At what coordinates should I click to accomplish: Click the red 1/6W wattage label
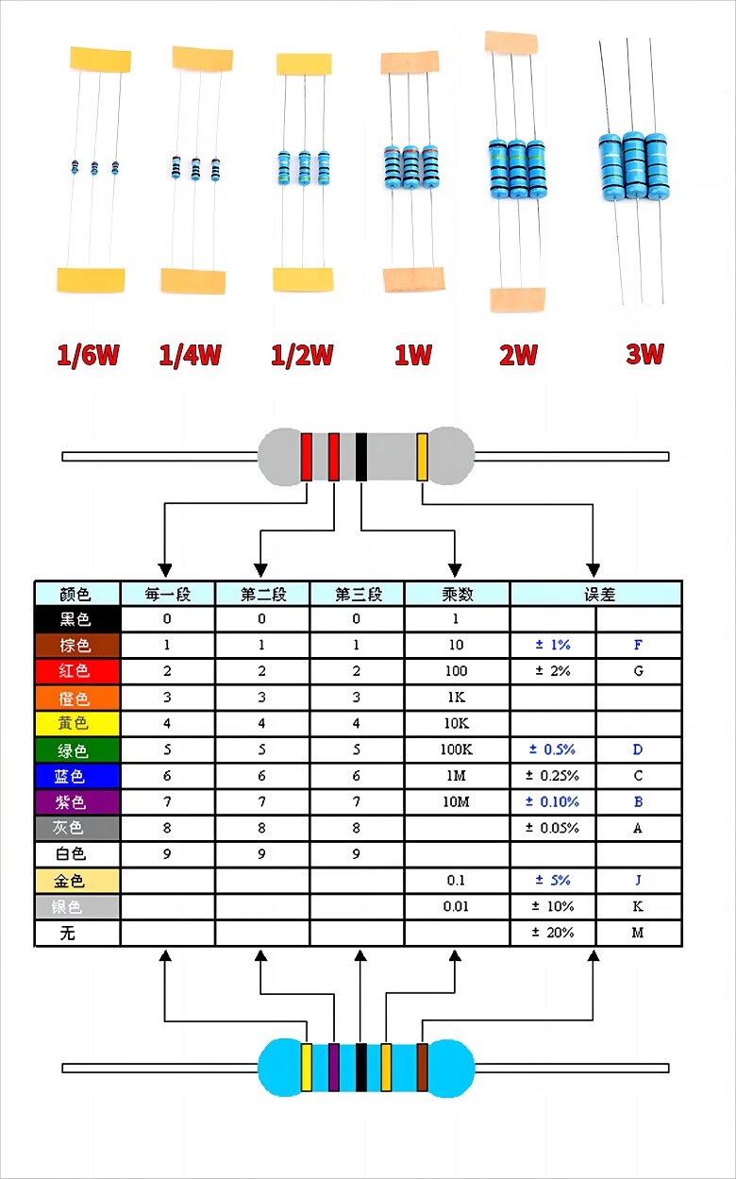pyautogui.click(x=88, y=355)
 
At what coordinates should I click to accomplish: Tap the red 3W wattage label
pyautogui.click(x=644, y=354)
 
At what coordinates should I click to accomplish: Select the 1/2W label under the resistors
pyautogui.click(x=301, y=355)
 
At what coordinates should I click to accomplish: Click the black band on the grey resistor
pyautogui.click(x=360, y=456)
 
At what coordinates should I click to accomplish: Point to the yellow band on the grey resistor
pyautogui.click(x=422, y=456)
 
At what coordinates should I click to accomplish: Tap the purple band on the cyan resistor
pyautogui.click(x=333, y=1067)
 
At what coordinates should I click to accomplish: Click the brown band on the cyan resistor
pyautogui.click(x=422, y=1067)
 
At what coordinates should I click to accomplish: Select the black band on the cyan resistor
pyautogui.click(x=360, y=1067)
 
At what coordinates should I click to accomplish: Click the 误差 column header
pyautogui.click(x=599, y=595)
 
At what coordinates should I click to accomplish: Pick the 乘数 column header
pyautogui.click(x=458, y=595)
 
